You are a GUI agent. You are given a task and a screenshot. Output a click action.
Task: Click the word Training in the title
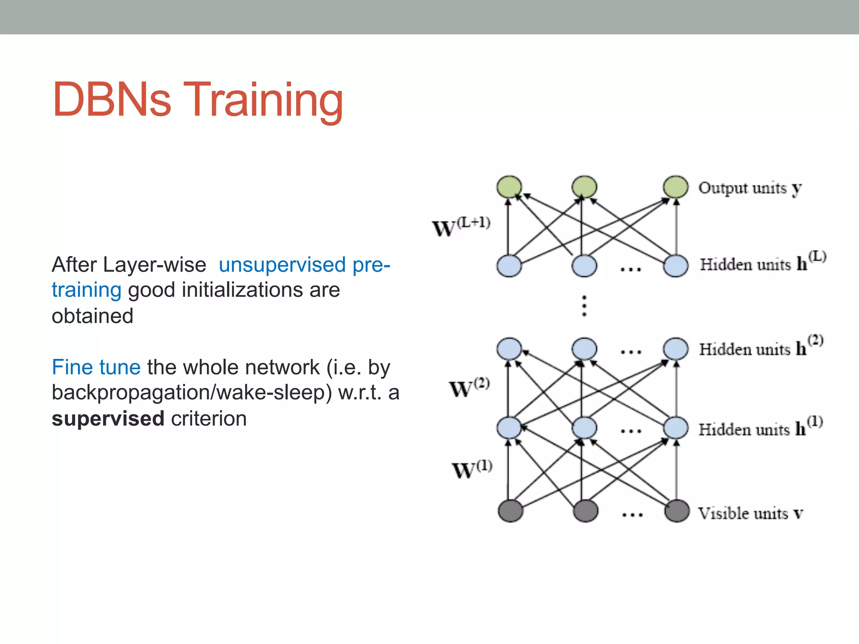coord(263,100)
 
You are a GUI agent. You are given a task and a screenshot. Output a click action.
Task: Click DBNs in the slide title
coord(112,100)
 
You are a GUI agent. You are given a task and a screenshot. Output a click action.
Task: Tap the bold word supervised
coord(108,418)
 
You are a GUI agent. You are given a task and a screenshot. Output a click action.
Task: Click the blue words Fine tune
coord(96,367)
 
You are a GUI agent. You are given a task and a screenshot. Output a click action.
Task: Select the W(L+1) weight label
coord(461,227)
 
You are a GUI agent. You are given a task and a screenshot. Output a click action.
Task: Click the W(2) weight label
coord(469,387)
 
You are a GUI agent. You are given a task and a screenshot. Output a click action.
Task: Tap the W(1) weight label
coord(471,469)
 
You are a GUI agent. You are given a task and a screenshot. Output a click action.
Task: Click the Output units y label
coord(750,188)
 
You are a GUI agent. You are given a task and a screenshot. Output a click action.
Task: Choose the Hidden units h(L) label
coord(763,262)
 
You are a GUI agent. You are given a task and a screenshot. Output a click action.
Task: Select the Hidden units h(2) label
coord(761,347)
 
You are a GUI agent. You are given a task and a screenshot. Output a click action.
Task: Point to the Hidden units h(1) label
coord(760,427)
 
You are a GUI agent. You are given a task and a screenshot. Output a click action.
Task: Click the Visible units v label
coord(750,513)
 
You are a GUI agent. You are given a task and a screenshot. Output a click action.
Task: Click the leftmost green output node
coord(509,187)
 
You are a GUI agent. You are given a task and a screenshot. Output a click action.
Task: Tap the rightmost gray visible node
coord(677,511)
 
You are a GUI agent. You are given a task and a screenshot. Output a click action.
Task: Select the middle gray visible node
coord(585,511)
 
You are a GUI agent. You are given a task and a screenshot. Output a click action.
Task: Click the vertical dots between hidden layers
coord(584,306)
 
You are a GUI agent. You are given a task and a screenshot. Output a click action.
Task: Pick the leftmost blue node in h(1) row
coord(509,428)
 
